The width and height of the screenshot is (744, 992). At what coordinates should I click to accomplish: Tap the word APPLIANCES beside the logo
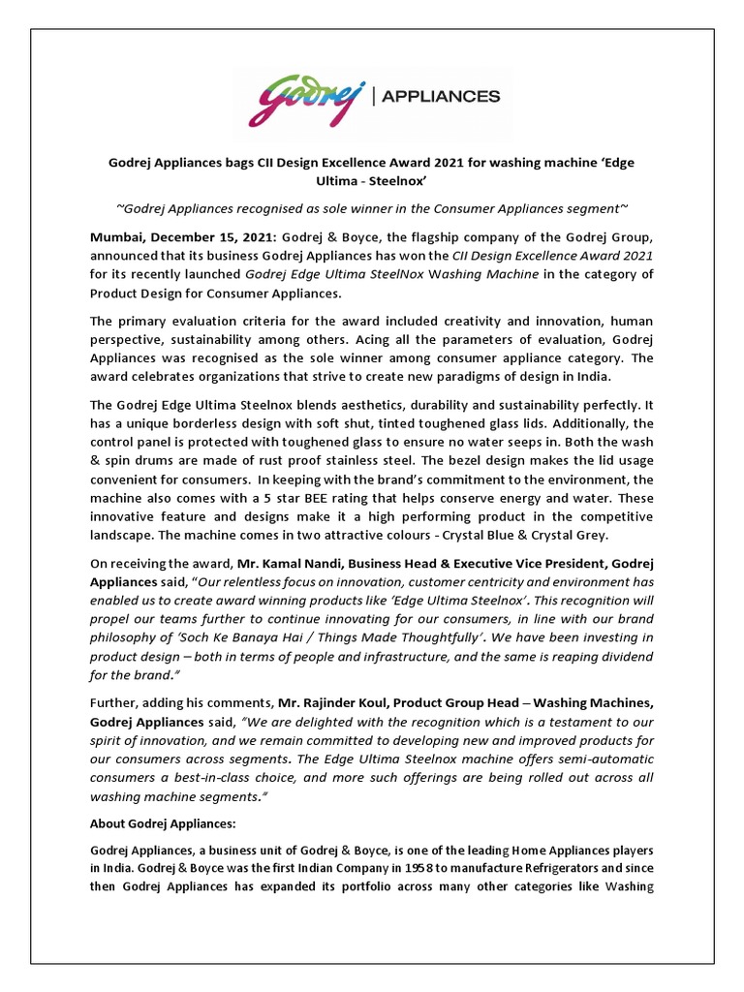(x=443, y=96)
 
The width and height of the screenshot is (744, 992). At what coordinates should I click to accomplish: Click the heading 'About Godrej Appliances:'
(x=163, y=822)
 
